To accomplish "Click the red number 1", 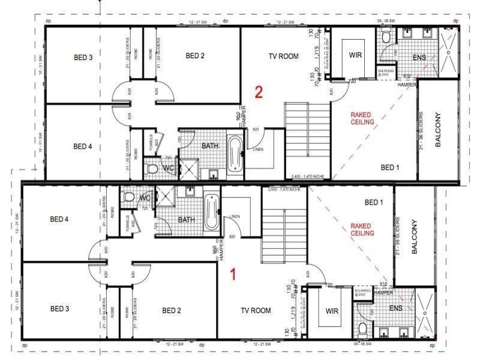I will point(234,274).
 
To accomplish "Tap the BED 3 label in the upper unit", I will point(83,58).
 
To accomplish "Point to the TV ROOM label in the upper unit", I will point(283,56).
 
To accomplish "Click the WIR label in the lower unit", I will point(332,311).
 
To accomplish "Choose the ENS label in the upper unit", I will point(419,58).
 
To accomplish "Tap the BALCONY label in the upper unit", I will point(438,129).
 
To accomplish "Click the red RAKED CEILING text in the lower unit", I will point(362,229).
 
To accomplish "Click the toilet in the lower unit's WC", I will point(128,196).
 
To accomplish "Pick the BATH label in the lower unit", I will point(187,220).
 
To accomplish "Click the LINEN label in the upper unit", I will point(259,149).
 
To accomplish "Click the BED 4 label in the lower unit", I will point(58,220).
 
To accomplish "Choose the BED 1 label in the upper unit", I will point(390,167).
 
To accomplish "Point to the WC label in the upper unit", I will point(169,168).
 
